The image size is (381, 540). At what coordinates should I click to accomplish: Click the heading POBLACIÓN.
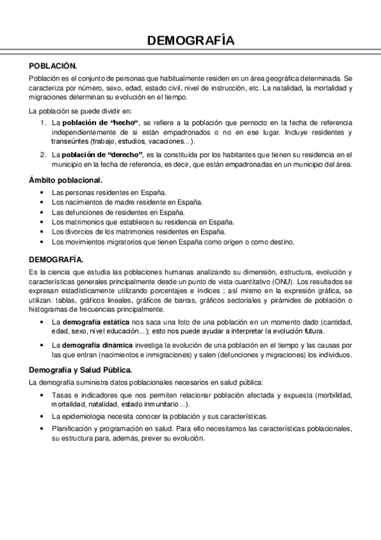(x=53, y=66)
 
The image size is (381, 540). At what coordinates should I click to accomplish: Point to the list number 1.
(x=43, y=122)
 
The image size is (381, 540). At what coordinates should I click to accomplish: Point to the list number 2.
(x=43, y=155)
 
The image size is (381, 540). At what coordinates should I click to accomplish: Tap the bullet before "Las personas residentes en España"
(x=41, y=192)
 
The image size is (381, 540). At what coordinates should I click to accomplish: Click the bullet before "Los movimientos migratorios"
(x=41, y=242)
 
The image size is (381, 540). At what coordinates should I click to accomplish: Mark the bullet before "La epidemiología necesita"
(x=41, y=416)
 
